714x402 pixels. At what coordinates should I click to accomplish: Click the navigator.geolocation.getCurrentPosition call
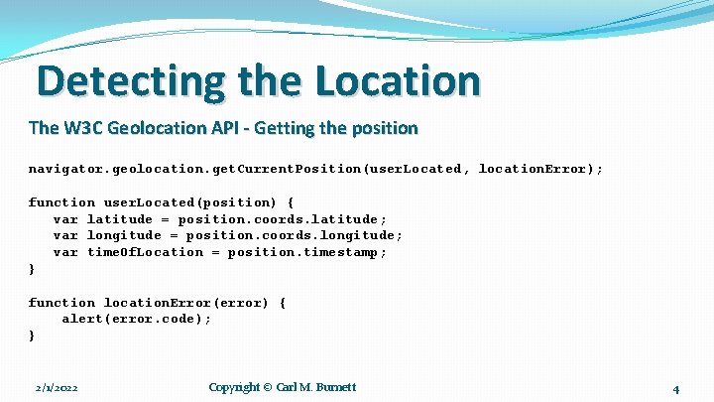click(194, 169)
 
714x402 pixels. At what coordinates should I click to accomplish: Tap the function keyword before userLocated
click(61, 202)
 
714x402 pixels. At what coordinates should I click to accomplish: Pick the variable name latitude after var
click(120, 219)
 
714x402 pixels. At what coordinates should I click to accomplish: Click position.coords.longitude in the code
click(294, 236)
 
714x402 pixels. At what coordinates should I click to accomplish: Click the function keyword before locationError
click(61, 303)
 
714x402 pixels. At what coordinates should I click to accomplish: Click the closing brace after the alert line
click(32, 336)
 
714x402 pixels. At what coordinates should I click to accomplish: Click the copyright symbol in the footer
click(267, 387)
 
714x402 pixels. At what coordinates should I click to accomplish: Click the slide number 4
click(675, 389)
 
